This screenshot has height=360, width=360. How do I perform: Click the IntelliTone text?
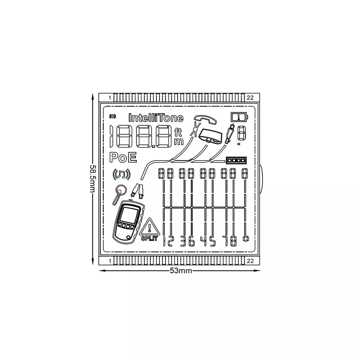pyautogui.click(x=156, y=118)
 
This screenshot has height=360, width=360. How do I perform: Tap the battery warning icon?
pyautogui.click(x=239, y=117)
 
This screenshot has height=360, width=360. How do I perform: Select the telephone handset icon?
pyautogui.click(x=205, y=119)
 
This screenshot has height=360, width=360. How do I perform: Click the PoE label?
pyautogui.click(x=123, y=158)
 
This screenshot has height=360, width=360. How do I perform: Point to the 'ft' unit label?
pyautogui.click(x=178, y=132)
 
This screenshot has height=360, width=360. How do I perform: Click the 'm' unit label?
pyautogui.click(x=179, y=141)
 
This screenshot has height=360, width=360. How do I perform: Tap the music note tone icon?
pyautogui.click(x=121, y=175)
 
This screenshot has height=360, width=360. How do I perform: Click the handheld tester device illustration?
pyautogui.click(x=129, y=222)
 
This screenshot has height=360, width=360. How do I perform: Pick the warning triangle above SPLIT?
pyautogui.click(x=149, y=227)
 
